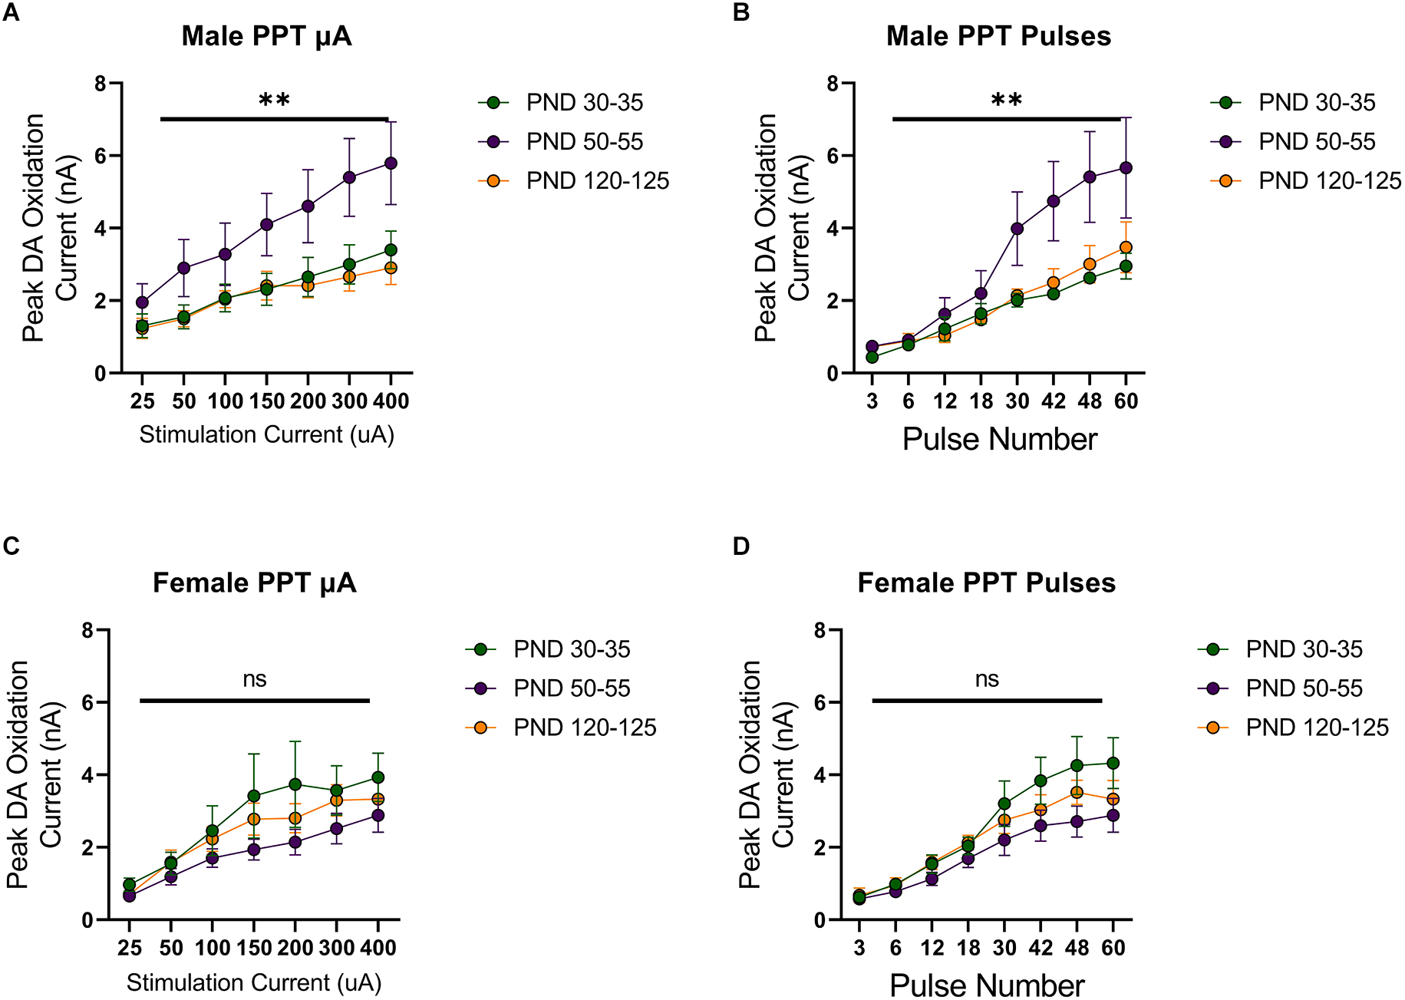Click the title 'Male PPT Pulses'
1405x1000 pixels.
998,36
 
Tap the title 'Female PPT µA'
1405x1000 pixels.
254,583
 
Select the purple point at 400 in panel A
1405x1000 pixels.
391,163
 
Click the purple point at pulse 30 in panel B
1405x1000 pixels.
1017,229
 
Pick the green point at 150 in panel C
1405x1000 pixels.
254,797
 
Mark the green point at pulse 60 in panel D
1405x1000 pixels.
1113,764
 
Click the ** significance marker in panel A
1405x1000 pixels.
274,101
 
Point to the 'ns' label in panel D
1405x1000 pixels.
987,679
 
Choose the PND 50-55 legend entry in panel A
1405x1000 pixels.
584,142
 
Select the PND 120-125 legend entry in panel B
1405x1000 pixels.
1329,181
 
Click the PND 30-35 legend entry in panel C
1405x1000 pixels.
572,649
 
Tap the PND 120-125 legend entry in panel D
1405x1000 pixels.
1317,728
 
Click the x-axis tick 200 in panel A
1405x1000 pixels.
308,401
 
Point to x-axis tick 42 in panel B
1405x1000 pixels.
1054,401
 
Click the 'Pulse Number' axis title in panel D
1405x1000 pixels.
987,985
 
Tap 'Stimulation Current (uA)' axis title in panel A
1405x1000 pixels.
266,435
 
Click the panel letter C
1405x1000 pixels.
11,546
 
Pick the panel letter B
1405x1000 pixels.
741,13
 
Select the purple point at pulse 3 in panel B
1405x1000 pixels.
872,347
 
